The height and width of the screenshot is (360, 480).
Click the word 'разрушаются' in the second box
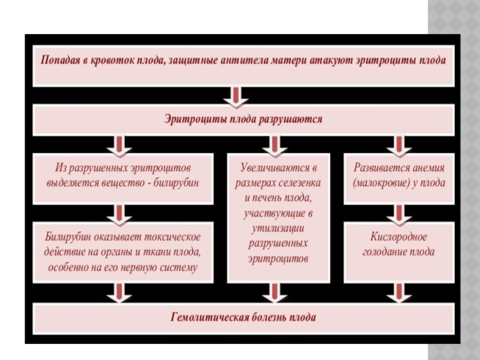[290, 119]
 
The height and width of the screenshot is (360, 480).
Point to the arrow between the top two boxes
[236, 97]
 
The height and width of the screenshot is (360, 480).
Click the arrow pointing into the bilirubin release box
[119, 146]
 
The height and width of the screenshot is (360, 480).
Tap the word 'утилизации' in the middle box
[278, 229]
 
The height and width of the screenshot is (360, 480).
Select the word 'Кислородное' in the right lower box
[398, 237]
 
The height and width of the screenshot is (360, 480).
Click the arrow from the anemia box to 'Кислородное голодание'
[399, 215]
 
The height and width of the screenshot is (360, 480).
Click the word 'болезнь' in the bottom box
[271, 317]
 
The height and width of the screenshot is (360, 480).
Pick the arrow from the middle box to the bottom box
[275, 293]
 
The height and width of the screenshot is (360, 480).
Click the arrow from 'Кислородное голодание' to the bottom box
[399, 293]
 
